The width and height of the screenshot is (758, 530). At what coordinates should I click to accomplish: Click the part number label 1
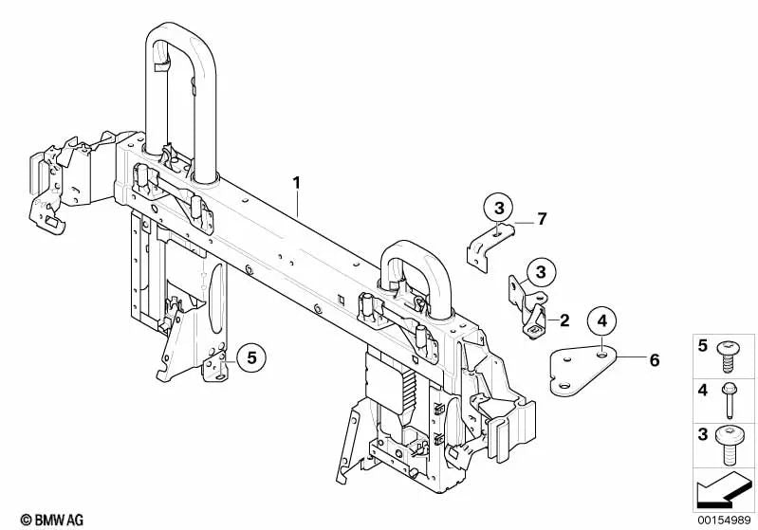[296, 183]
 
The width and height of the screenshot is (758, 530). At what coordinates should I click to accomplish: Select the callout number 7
[542, 219]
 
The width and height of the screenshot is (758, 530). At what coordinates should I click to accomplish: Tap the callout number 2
[564, 320]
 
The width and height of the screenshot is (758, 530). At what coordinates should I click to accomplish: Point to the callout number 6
[655, 360]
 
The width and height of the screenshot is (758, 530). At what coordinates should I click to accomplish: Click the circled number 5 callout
[251, 358]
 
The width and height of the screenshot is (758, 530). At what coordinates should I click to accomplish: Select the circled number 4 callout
[601, 320]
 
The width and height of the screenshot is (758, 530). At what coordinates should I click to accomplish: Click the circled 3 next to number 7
[499, 208]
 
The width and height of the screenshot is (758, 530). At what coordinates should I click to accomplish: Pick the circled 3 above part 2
[541, 272]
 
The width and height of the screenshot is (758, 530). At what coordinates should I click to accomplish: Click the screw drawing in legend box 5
[726, 356]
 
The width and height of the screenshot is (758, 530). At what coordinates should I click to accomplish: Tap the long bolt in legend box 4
[729, 400]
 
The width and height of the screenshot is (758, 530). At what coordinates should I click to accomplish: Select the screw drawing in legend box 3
[729, 445]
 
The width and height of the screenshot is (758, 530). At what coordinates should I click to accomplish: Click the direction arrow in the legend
[723, 488]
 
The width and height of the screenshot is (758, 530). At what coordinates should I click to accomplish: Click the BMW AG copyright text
[52, 520]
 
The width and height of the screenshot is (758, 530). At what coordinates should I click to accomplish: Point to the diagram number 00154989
[724, 521]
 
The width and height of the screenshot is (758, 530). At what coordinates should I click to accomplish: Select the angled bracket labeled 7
[490, 246]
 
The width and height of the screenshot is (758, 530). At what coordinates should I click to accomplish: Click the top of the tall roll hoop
[180, 29]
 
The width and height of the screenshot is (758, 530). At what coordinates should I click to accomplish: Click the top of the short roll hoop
[415, 248]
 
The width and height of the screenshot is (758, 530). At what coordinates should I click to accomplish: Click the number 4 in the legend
[703, 390]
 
